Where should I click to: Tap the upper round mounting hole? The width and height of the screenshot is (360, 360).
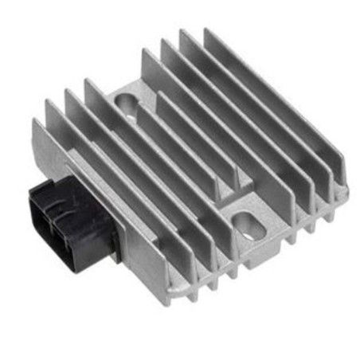(x=127, y=102)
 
